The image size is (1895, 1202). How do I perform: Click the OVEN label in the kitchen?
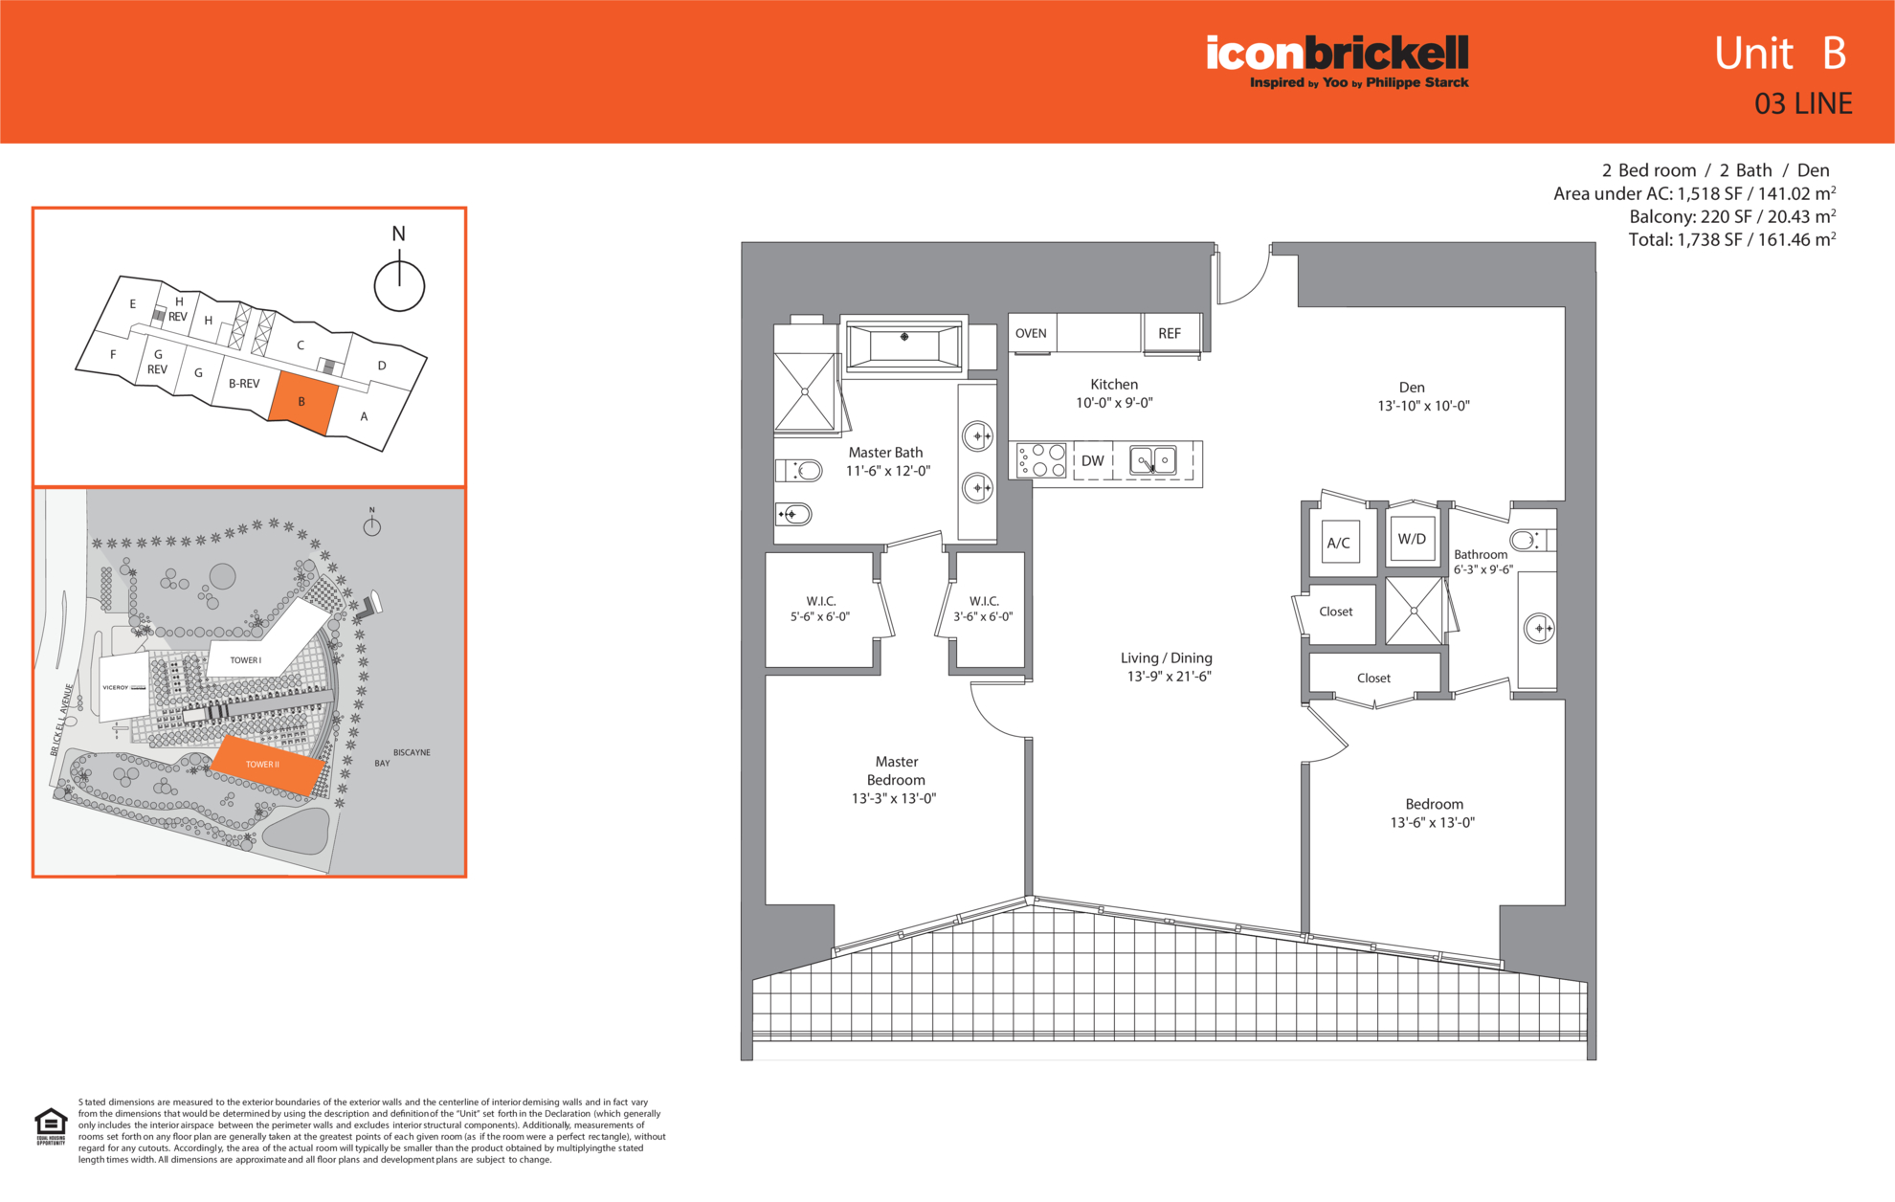[1031, 333]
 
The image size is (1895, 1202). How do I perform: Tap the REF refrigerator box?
[1170, 333]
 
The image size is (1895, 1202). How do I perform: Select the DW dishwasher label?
[1092, 460]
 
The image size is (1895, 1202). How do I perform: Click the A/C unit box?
[1339, 543]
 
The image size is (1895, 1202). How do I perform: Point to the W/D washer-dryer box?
[1412, 539]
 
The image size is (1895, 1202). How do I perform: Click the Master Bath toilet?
[799, 470]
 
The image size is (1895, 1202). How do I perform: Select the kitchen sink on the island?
[1153, 460]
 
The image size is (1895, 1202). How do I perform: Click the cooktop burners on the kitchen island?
[1041, 460]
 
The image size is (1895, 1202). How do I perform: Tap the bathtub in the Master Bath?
[903, 345]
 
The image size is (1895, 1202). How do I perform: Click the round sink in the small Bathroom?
[1538, 629]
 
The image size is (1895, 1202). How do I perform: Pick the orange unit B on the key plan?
[303, 403]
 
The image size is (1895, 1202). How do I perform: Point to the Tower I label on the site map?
[245, 660]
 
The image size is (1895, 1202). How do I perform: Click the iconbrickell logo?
[1337, 61]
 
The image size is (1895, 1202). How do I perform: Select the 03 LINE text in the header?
[1803, 103]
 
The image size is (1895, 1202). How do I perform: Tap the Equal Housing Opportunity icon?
[51, 1126]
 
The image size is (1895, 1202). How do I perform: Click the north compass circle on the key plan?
[399, 285]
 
